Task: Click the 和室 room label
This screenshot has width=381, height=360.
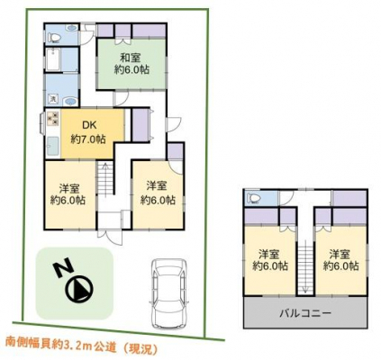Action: (132, 57)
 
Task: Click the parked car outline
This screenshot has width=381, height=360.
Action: (169, 293)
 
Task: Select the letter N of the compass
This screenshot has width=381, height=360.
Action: (63, 267)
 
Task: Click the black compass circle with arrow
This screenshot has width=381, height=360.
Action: (79, 289)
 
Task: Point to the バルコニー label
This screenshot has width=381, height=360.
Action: (305, 314)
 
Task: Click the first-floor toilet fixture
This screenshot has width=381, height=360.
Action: (54, 38)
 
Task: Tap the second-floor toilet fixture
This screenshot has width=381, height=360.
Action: (253, 198)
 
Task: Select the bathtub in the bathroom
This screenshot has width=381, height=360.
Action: (54, 59)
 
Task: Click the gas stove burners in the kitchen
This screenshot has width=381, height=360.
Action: (53, 118)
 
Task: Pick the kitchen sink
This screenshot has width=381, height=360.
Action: (53, 146)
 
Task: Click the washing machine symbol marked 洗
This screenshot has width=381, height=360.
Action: (53, 98)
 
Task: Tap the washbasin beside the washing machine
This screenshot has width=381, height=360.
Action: (70, 102)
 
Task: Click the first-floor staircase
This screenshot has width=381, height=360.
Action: (105, 178)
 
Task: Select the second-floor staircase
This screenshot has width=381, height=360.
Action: (305, 267)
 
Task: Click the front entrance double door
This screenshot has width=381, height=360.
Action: (111, 238)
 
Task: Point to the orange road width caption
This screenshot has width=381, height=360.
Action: (82, 348)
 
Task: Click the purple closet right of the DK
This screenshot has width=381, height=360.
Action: (140, 125)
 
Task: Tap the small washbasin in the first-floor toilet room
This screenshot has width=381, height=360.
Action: (72, 28)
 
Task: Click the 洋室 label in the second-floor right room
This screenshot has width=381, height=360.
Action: (340, 255)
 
